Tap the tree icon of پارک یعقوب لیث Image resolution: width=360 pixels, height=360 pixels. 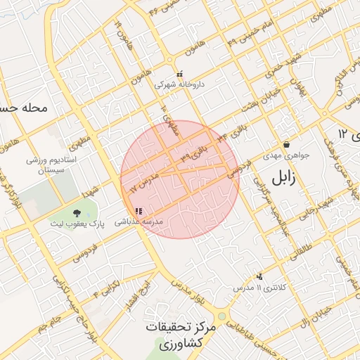click(x=76, y=212)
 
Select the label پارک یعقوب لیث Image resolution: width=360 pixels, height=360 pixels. click(x=76, y=223)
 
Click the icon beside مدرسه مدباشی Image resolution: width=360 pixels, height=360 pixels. click(x=139, y=211)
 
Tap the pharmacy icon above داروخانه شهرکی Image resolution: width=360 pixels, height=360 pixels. click(x=180, y=73)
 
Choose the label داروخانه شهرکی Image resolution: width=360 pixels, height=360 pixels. click(x=179, y=84)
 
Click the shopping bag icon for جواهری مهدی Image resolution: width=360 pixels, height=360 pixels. click(x=286, y=144)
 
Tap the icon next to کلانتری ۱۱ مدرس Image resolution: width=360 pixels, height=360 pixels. click(x=259, y=276)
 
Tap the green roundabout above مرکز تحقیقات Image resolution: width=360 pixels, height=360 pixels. click(x=221, y=317)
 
